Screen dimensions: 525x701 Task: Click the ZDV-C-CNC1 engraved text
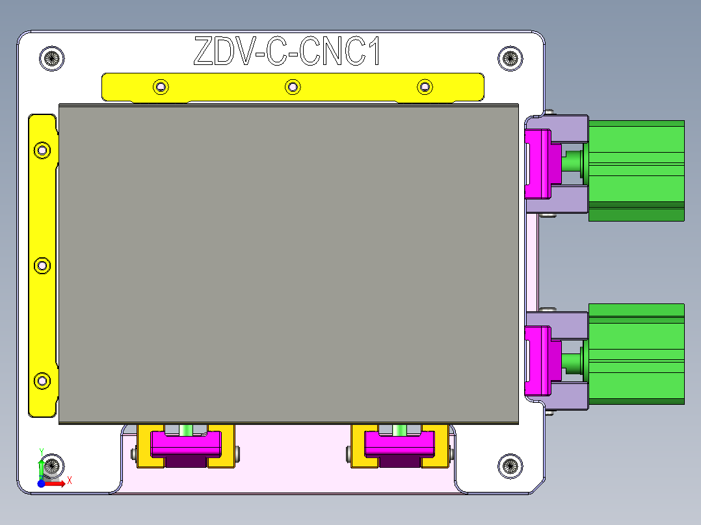click(x=287, y=51)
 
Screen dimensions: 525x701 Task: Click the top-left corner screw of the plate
click(x=52, y=58)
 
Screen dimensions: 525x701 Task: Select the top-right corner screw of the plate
click(x=510, y=58)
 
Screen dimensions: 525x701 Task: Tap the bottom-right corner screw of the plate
click(x=510, y=465)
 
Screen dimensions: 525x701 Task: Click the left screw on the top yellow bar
click(x=161, y=86)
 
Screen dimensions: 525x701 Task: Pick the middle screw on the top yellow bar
click(x=293, y=86)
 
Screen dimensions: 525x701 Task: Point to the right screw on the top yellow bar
click(x=425, y=86)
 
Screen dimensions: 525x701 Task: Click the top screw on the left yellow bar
click(x=42, y=151)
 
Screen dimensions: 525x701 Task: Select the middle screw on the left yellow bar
click(x=42, y=266)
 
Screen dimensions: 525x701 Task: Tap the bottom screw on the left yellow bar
click(x=42, y=381)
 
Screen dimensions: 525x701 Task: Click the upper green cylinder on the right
click(x=636, y=170)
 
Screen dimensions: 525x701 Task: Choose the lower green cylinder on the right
click(x=636, y=353)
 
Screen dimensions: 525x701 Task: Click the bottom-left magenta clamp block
click(x=186, y=445)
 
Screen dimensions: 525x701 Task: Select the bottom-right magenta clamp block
click(x=399, y=445)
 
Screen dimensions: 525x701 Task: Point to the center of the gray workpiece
click(x=289, y=264)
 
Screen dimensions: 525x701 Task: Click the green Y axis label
click(x=41, y=451)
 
